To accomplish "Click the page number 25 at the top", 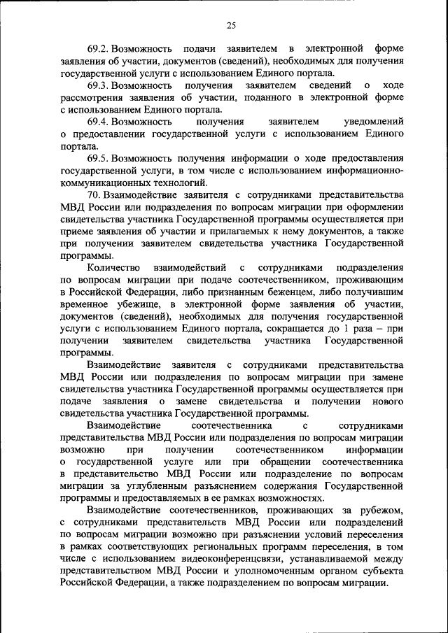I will click(231, 26).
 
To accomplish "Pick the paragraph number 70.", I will click(95, 194).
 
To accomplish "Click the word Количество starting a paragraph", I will click(113, 267).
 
